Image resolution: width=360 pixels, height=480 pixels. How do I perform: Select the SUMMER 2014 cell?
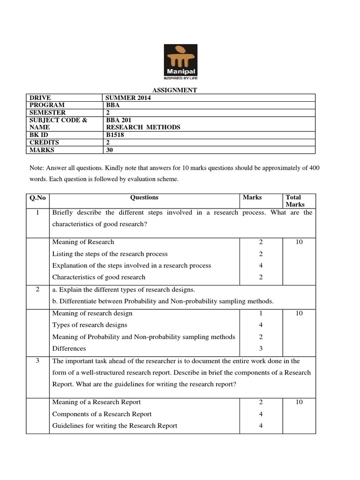tap(126, 97)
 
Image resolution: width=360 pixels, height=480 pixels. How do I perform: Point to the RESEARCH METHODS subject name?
tap(143, 127)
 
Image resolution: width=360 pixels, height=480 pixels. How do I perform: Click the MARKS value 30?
tap(111, 150)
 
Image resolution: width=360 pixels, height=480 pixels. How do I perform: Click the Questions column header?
tap(144, 197)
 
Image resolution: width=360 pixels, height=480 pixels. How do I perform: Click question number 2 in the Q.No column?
tap(37, 289)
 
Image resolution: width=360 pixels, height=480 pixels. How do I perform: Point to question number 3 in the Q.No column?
tap(37, 361)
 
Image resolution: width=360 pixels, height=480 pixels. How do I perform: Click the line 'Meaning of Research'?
tap(83, 242)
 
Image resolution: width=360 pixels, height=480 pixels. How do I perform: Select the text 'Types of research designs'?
tap(90, 325)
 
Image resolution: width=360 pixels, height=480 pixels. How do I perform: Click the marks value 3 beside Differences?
tap(260, 348)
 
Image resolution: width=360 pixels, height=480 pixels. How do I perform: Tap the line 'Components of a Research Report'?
tap(102, 414)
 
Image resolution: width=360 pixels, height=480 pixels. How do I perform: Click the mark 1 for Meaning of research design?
tap(260, 313)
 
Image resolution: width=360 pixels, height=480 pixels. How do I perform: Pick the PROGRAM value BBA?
tap(113, 105)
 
